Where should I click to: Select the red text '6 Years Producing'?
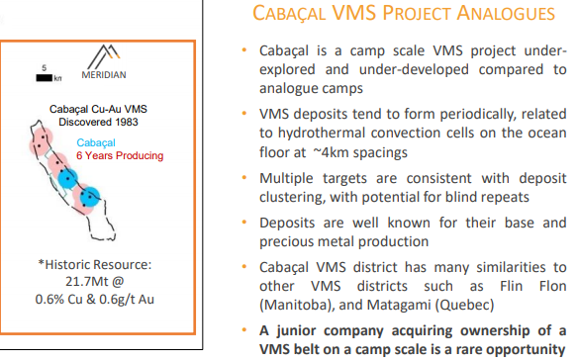point(120,155)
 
